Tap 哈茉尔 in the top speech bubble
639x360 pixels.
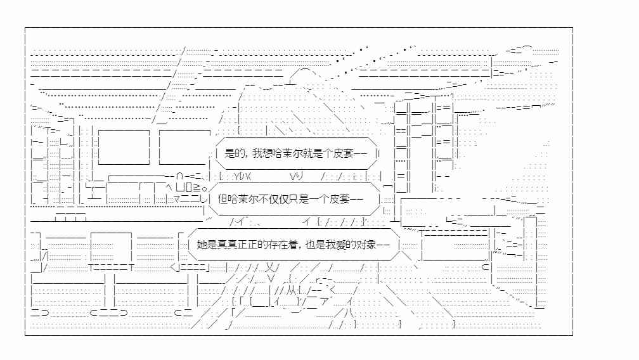[x=288, y=153]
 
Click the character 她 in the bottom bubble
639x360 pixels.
[x=202, y=245]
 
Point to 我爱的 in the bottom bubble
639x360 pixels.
[x=341, y=245]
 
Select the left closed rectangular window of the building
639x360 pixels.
[x=124, y=147]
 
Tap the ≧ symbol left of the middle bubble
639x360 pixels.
[x=197, y=188]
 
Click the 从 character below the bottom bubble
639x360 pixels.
[x=291, y=290]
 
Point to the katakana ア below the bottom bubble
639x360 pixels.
[x=325, y=302]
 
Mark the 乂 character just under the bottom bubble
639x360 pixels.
[x=271, y=267]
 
